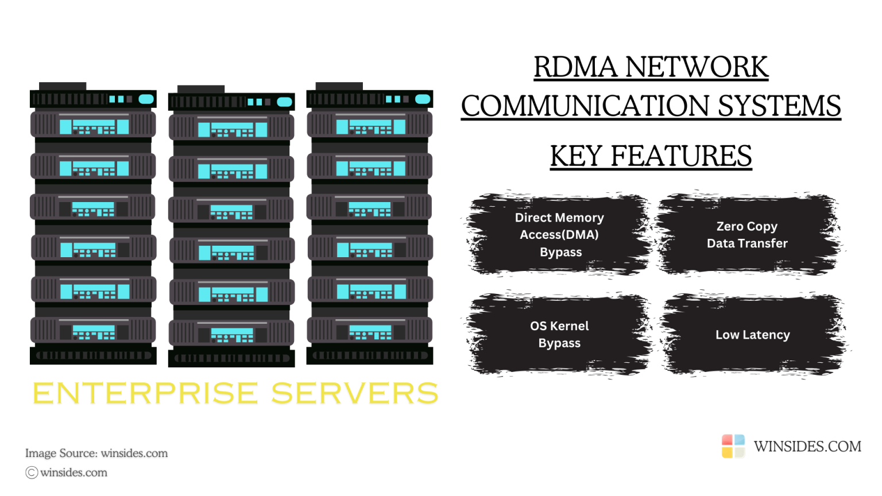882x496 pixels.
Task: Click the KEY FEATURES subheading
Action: (651, 156)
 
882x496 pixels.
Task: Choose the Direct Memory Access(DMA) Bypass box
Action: (559, 235)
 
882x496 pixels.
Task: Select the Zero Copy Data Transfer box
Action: (747, 235)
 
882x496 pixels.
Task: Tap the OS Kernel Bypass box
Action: (559, 335)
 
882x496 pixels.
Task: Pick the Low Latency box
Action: (752, 335)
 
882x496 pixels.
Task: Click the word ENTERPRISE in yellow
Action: (145, 394)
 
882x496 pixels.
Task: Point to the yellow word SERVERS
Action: (354, 394)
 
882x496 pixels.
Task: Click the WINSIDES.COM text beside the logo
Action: (807, 447)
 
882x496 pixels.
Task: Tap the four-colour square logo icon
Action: (733, 446)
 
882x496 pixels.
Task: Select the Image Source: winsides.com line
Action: (96, 454)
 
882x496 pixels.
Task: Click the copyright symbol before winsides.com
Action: (32, 472)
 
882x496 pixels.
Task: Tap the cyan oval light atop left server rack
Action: (146, 99)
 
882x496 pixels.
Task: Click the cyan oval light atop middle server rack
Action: (285, 102)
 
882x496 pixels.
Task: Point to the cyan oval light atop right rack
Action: (423, 99)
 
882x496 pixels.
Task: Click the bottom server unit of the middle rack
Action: (231, 334)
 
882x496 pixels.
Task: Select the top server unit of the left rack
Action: (93, 126)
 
